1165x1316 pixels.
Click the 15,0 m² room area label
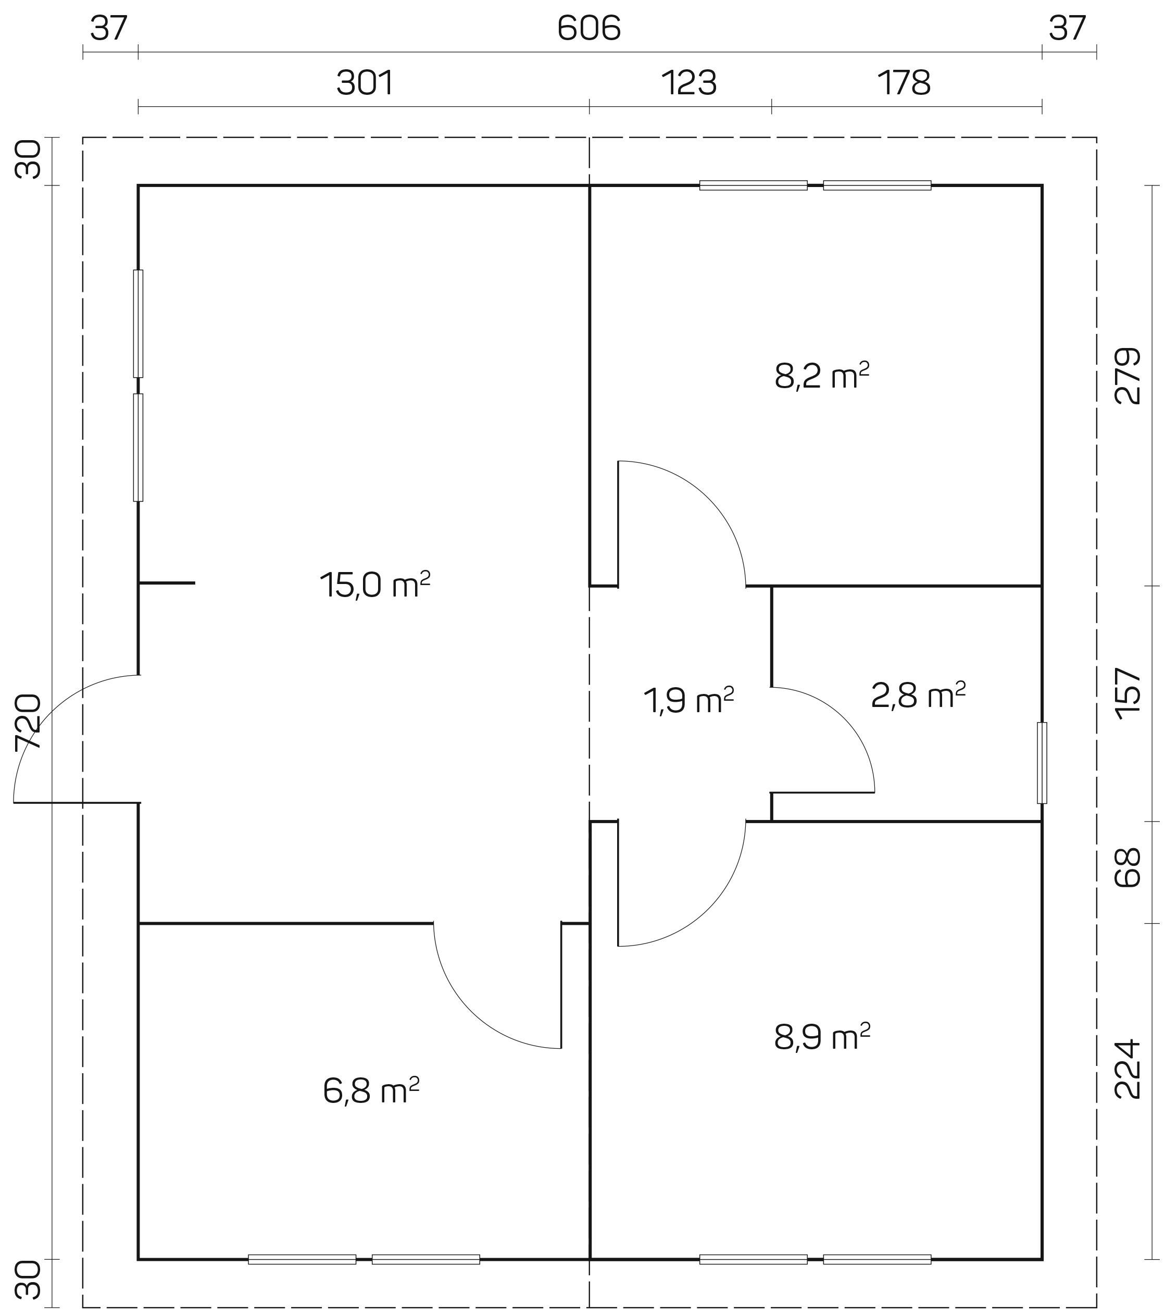[374, 585]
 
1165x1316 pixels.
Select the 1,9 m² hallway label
[688, 700]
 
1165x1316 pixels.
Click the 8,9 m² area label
[822, 1037]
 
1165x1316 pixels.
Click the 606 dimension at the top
[589, 28]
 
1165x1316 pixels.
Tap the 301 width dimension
[365, 83]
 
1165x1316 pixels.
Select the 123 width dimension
[688, 83]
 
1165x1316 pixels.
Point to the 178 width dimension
[904, 83]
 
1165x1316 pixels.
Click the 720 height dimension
[28, 721]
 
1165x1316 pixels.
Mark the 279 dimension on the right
[1127, 376]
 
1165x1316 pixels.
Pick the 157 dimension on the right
[1127, 693]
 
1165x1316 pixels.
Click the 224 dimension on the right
[1127, 1069]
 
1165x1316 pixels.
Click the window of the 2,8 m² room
[1042, 763]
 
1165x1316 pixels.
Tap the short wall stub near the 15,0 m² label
[167, 582]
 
